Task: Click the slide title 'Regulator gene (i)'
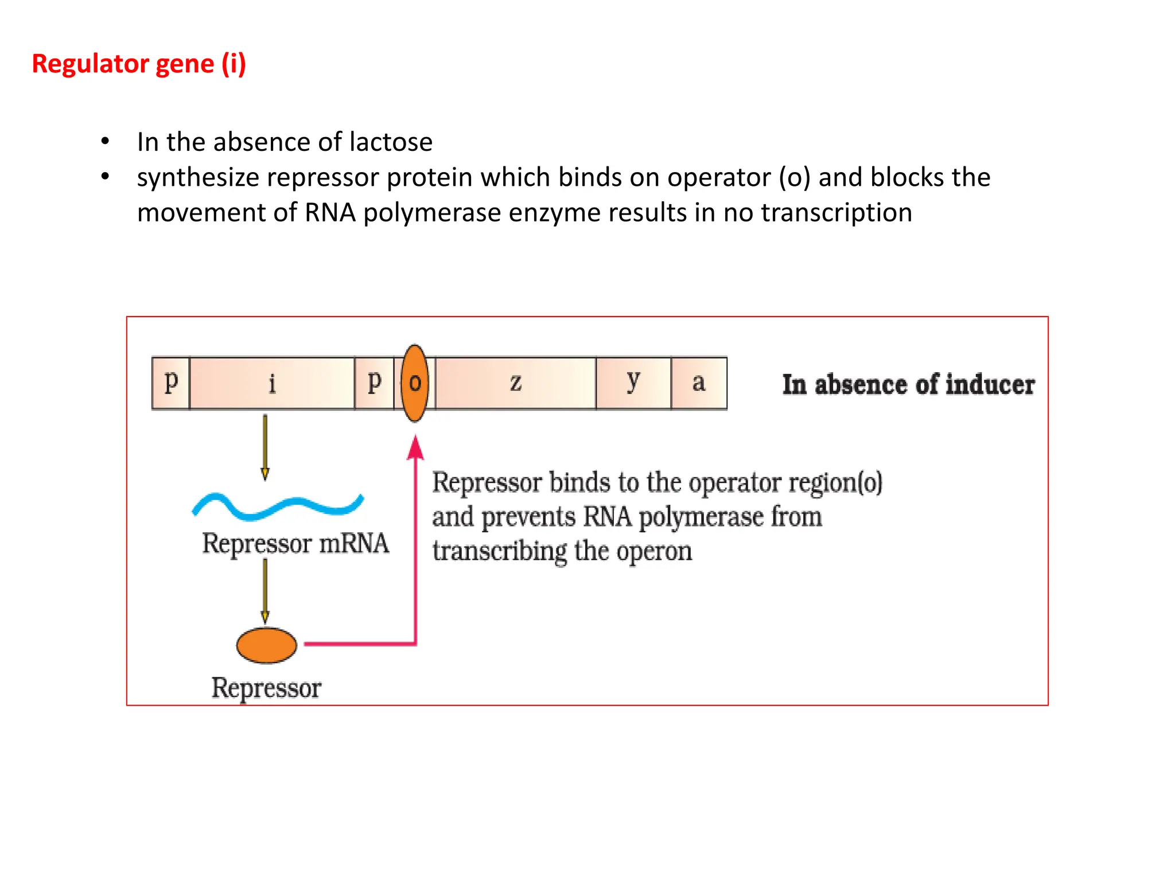(x=139, y=64)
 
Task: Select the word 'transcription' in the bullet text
(x=836, y=213)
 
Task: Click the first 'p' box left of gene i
(x=171, y=383)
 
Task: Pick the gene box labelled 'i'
(x=272, y=383)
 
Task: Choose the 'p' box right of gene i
(x=374, y=383)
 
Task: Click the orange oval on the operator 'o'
(x=415, y=383)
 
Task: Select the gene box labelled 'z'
(x=515, y=383)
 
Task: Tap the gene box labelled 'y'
(x=633, y=383)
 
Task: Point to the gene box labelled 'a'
(x=699, y=383)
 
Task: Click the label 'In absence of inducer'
(x=908, y=384)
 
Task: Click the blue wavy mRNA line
(x=278, y=506)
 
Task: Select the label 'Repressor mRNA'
(x=295, y=543)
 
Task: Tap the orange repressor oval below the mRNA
(x=267, y=645)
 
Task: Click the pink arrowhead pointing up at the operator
(x=416, y=448)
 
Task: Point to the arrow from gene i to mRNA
(x=265, y=447)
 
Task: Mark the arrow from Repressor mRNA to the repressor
(x=265, y=591)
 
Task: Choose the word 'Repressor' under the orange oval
(x=266, y=688)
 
